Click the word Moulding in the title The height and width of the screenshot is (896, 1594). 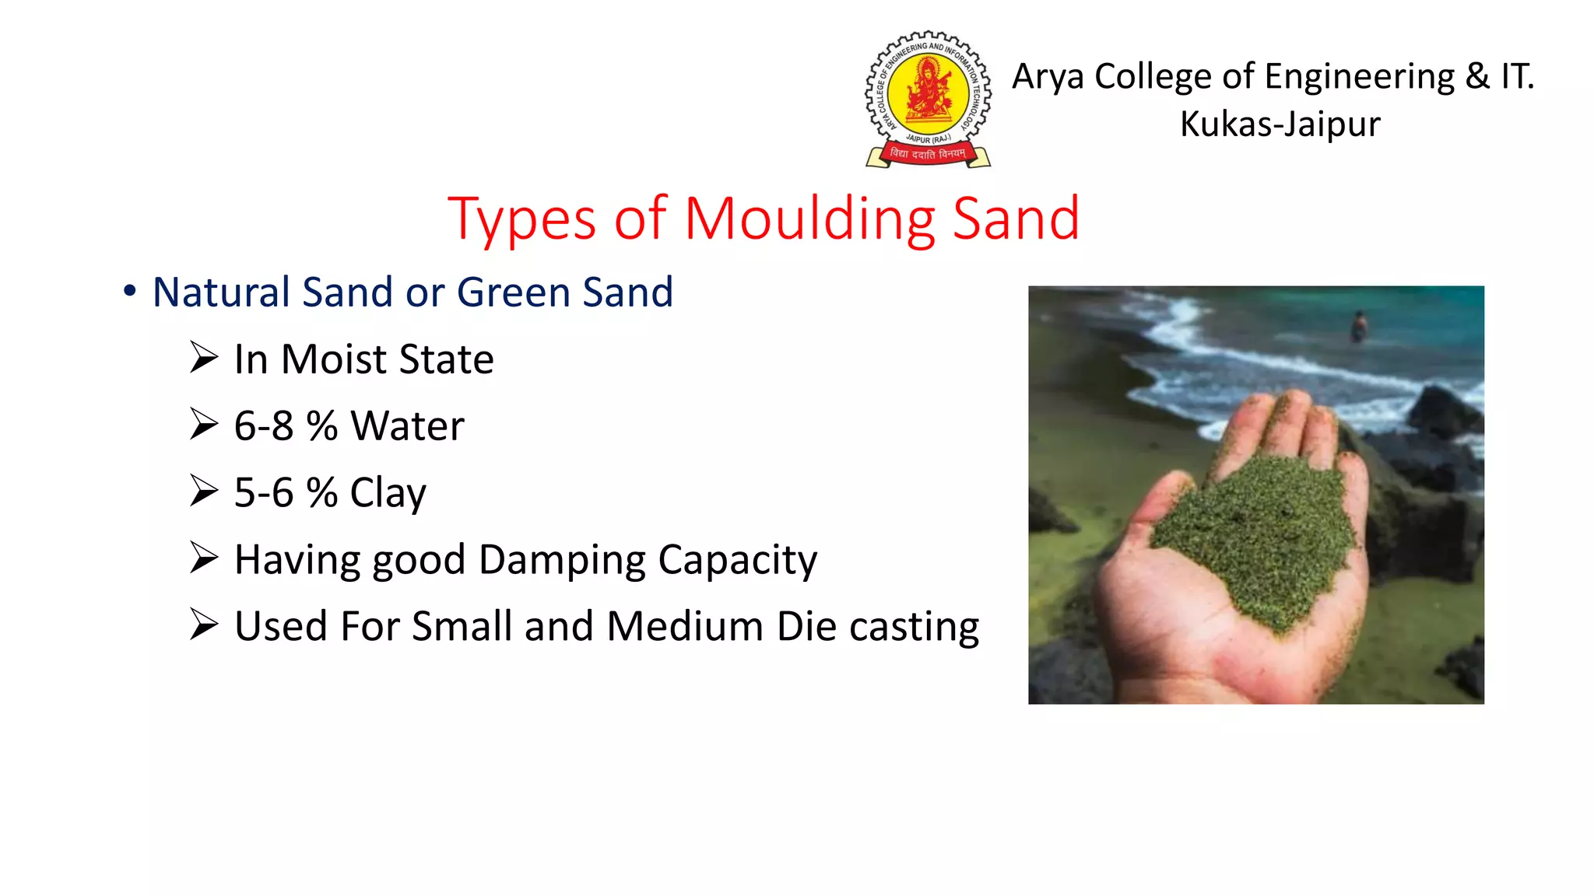point(809,219)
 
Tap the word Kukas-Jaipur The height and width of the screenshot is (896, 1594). point(1280,124)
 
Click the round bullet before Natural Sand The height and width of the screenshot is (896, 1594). point(130,291)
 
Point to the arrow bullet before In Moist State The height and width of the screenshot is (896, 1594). point(204,358)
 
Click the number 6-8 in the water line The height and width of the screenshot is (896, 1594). point(264,426)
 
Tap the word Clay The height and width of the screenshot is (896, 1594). point(388,493)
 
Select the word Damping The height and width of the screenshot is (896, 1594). point(561,560)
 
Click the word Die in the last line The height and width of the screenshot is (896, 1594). point(806,627)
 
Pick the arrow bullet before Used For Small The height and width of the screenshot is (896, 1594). point(204,625)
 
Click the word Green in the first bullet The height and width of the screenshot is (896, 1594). point(513,292)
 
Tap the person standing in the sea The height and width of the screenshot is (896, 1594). point(1359,327)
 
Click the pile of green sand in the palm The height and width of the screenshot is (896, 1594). point(1261,537)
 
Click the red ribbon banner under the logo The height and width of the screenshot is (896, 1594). point(928,154)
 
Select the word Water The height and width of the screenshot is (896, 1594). point(407,426)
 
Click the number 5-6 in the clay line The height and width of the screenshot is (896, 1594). point(264,493)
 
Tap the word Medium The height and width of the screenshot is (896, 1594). point(684,627)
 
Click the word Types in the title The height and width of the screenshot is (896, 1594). point(521,220)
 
